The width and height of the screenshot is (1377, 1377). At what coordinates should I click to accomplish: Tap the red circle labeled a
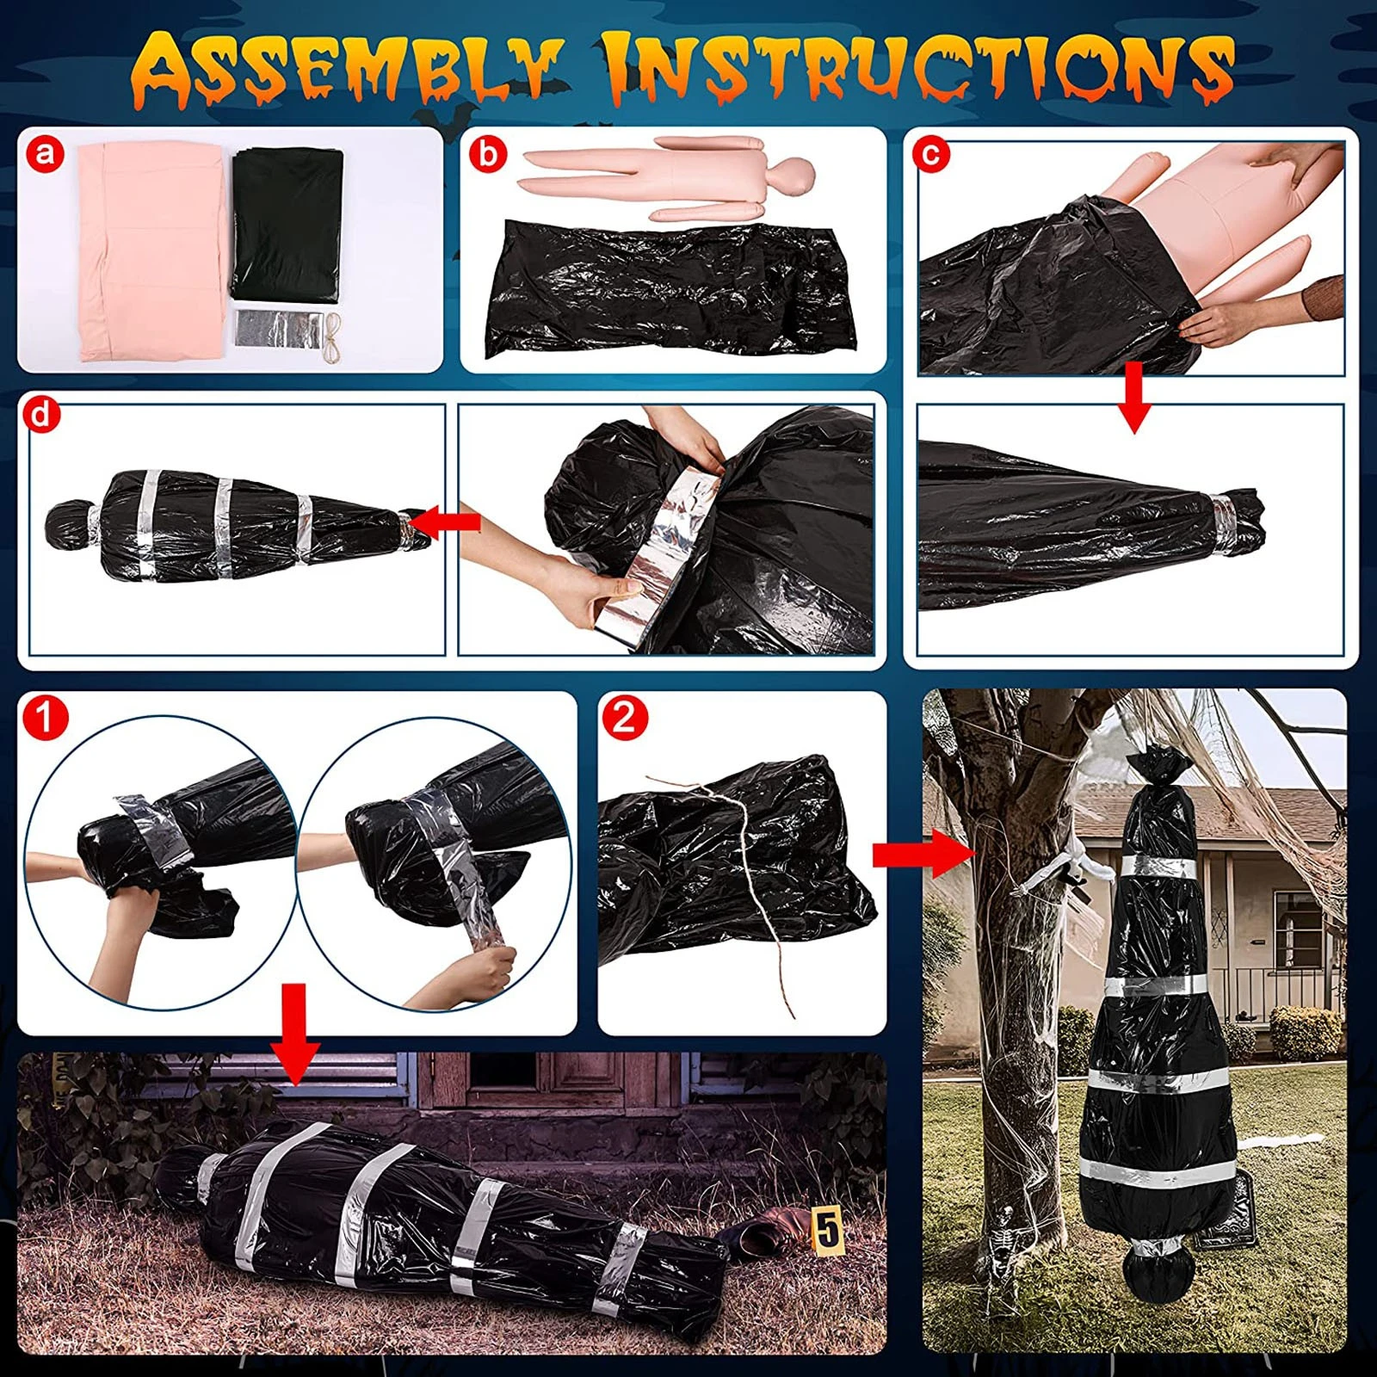click(45, 155)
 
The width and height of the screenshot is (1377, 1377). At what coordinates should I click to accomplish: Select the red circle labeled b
click(488, 155)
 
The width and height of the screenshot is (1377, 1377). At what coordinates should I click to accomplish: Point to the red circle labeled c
click(931, 155)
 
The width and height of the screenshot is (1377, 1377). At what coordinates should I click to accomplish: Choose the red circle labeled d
click(40, 416)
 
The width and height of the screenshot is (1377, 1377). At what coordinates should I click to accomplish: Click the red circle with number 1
click(45, 717)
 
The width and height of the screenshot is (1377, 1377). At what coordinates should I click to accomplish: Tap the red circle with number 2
click(625, 716)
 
